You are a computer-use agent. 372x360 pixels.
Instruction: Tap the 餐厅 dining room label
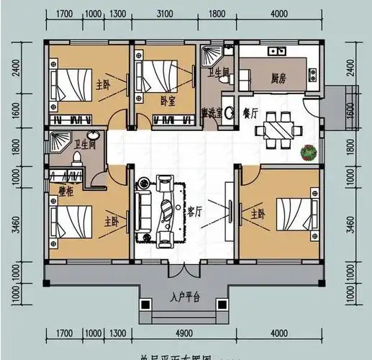[251, 112]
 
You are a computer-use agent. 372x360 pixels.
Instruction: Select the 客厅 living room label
[194, 211]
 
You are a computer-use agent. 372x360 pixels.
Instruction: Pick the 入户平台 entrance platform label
[185, 297]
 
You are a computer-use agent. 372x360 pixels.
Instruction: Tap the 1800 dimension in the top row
[216, 14]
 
